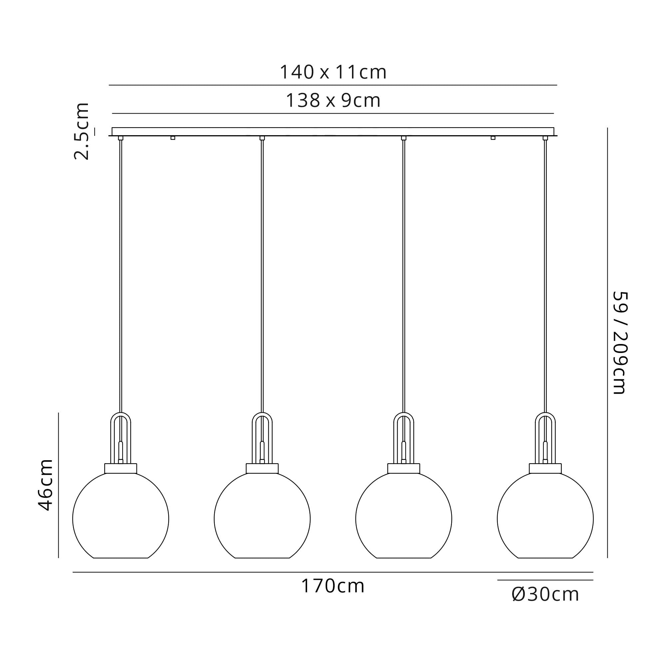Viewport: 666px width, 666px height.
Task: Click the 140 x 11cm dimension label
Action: click(333, 72)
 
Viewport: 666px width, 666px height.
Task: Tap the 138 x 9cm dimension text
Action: click(333, 101)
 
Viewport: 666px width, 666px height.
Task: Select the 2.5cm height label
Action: click(82, 131)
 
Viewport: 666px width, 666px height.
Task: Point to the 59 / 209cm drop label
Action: click(619, 343)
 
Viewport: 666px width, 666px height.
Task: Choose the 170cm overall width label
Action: click(333, 586)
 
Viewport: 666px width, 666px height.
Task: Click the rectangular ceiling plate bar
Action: click(333, 131)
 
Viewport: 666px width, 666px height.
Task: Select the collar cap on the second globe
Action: click(262, 469)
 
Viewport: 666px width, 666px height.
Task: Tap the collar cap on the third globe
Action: click(404, 469)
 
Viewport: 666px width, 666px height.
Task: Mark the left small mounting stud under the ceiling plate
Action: click(173, 138)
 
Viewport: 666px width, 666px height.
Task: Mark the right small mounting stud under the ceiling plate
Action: click(493, 138)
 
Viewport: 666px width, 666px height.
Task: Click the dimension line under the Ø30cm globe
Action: click(545, 580)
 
